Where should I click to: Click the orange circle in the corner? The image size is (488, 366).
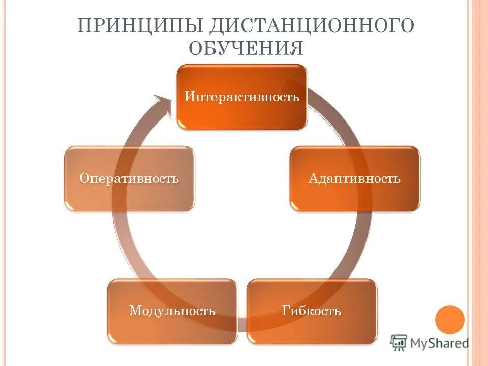point(450,320)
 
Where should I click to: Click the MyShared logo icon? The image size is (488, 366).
point(399,344)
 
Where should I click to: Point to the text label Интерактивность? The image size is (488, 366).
point(242,97)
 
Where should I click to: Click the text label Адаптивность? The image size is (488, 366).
point(355,179)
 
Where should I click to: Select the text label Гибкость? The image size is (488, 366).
point(312,311)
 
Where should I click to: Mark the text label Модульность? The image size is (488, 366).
point(172,311)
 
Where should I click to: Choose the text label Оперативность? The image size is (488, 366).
point(129,179)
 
